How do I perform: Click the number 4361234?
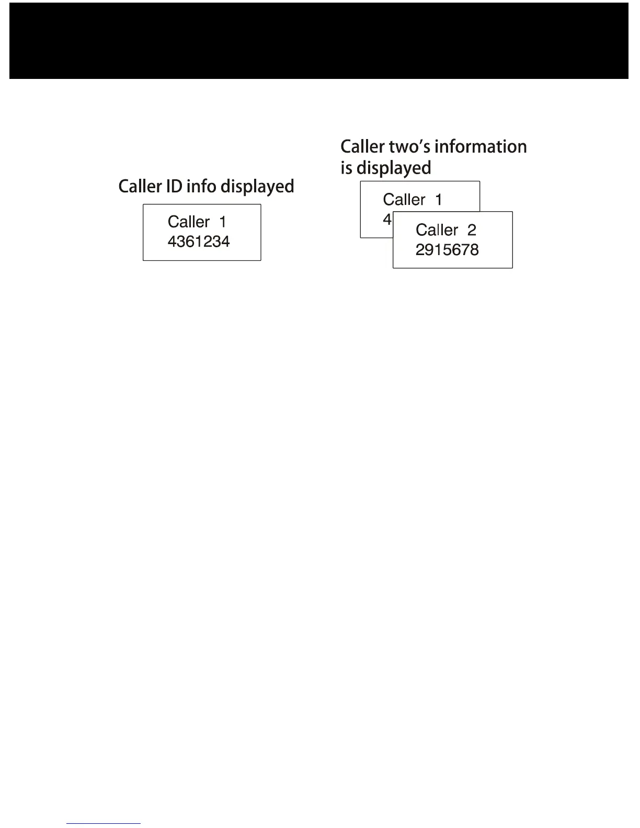pos(199,241)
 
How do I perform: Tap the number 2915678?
pos(447,250)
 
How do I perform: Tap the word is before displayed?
pos(346,168)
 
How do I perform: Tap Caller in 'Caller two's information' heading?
pos(362,146)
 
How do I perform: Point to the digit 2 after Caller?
pos(472,230)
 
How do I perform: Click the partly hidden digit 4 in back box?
pos(387,220)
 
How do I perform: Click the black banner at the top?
pos(319,41)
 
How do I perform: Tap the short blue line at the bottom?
pos(104,823)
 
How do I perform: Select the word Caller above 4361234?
pos(189,222)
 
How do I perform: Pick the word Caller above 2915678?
pos(437,230)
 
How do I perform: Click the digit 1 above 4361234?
pos(223,222)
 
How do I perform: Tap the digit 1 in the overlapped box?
pos(438,200)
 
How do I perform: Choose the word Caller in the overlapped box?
pos(404,200)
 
